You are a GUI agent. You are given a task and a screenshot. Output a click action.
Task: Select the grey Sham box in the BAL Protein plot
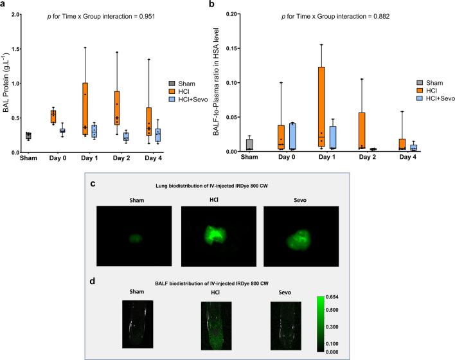click(28, 136)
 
